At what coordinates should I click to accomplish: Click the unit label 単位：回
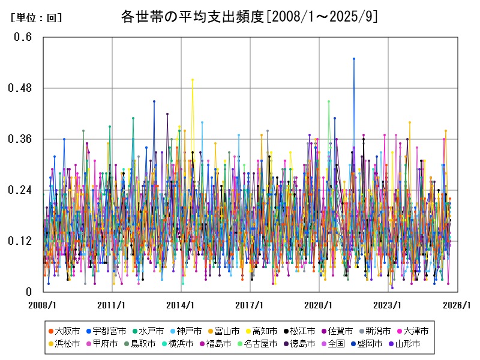pyautogui.click(x=36, y=18)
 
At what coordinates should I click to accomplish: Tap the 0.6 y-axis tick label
pyautogui.click(x=23, y=37)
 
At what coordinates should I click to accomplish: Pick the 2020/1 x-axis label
pyautogui.click(x=319, y=305)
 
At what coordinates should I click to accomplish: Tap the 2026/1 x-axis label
pyautogui.click(x=457, y=305)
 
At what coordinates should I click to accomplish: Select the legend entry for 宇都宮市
pyautogui.click(x=109, y=331)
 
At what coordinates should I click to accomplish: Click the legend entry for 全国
pyautogui.click(x=336, y=344)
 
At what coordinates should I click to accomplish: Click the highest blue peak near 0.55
pyautogui.click(x=354, y=59)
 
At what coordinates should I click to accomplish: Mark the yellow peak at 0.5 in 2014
pyautogui.click(x=193, y=80)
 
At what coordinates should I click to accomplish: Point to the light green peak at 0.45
pyautogui.click(x=329, y=101)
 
